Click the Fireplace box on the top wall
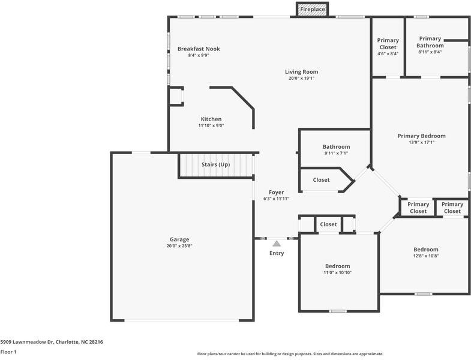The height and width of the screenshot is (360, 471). click(x=313, y=9)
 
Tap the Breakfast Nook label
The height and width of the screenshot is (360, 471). click(x=199, y=49)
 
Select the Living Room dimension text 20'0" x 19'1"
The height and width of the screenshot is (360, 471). click(x=301, y=78)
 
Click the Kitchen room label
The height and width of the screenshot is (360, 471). click(x=211, y=119)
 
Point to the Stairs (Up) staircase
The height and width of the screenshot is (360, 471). click(x=216, y=166)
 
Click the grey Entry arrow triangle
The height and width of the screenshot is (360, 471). click(x=277, y=244)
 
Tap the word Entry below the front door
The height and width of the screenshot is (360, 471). click(x=277, y=253)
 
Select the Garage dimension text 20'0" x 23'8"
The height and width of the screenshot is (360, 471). click(x=179, y=246)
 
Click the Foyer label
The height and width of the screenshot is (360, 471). click(x=277, y=193)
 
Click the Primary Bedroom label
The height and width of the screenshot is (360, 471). click(x=421, y=136)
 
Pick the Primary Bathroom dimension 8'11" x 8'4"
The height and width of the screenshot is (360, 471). click(x=430, y=52)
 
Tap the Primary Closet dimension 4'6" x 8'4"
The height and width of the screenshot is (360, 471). click(x=388, y=54)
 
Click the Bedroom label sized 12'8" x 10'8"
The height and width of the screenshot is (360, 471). click(x=425, y=250)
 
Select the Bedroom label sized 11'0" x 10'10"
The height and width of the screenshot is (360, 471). click(x=337, y=266)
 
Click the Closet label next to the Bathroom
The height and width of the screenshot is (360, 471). click(x=321, y=179)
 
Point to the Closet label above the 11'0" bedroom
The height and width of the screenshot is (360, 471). click(x=328, y=224)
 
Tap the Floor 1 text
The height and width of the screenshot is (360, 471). click(x=8, y=352)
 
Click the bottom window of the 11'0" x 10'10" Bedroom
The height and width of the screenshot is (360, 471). click(x=338, y=311)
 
